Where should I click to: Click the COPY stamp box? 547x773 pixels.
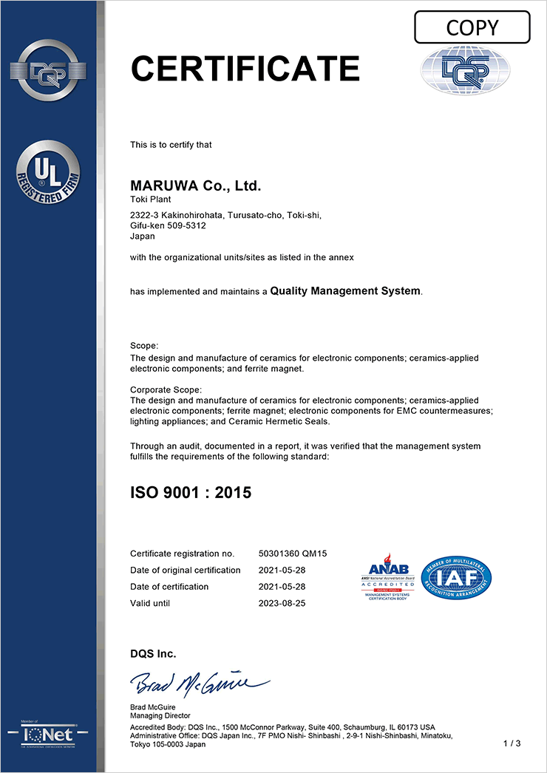(x=472, y=27)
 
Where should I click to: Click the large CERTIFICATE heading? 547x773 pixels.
(x=245, y=69)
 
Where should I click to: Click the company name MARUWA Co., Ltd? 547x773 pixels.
(x=195, y=185)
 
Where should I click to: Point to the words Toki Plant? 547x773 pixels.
(x=149, y=200)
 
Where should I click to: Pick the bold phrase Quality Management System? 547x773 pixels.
(x=345, y=291)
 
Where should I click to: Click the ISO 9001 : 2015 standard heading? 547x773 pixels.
(x=191, y=491)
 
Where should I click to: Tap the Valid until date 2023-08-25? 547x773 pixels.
(x=283, y=603)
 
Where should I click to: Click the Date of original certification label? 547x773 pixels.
(x=185, y=570)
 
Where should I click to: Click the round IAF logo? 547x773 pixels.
(x=456, y=577)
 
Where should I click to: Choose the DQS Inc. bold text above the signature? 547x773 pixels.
(x=153, y=653)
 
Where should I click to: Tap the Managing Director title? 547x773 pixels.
(x=160, y=715)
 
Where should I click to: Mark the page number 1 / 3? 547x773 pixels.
(x=512, y=743)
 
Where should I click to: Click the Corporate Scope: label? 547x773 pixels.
(x=166, y=389)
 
